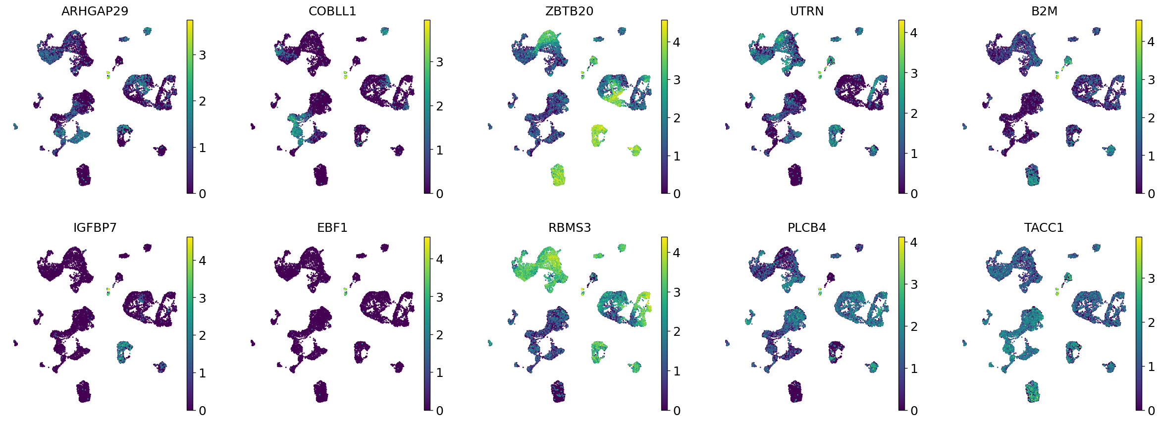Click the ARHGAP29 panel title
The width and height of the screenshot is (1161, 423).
pyautogui.click(x=95, y=11)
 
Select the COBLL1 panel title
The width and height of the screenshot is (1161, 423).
pyautogui.click(x=332, y=11)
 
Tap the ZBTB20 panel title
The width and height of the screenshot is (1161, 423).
pyautogui.click(x=569, y=11)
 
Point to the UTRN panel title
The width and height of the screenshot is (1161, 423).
pyautogui.click(x=806, y=11)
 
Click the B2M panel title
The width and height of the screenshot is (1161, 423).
pyautogui.click(x=1044, y=11)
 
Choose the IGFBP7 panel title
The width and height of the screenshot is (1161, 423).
pyautogui.click(x=95, y=228)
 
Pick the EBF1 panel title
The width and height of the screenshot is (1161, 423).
pyautogui.click(x=332, y=228)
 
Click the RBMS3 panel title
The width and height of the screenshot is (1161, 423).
pyautogui.click(x=569, y=228)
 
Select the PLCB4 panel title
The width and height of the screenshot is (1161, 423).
pyautogui.click(x=806, y=228)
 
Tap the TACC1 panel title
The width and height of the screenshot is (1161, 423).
pyautogui.click(x=1044, y=228)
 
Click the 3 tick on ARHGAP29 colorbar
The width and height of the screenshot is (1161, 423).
pyautogui.click(x=202, y=55)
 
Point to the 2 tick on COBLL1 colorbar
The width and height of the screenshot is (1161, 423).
pyautogui.click(x=439, y=106)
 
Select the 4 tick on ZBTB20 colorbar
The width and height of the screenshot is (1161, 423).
pyautogui.click(x=677, y=42)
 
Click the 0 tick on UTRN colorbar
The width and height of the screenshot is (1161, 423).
pyautogui.click(x=914, y=194)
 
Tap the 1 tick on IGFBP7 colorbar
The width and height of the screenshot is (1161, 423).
pyautogui.click(x=202, y=373)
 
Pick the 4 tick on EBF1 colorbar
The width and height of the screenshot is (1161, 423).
pyautogui.click(x=439, y=259)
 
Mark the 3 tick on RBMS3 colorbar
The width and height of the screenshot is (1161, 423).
pyautogui.click(x=677, y=292)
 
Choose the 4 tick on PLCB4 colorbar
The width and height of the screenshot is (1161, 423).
pyautogui.click(x=914, y=242)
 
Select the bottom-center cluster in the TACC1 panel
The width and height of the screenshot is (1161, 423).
pyautogui.click(x=1033, y=392)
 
